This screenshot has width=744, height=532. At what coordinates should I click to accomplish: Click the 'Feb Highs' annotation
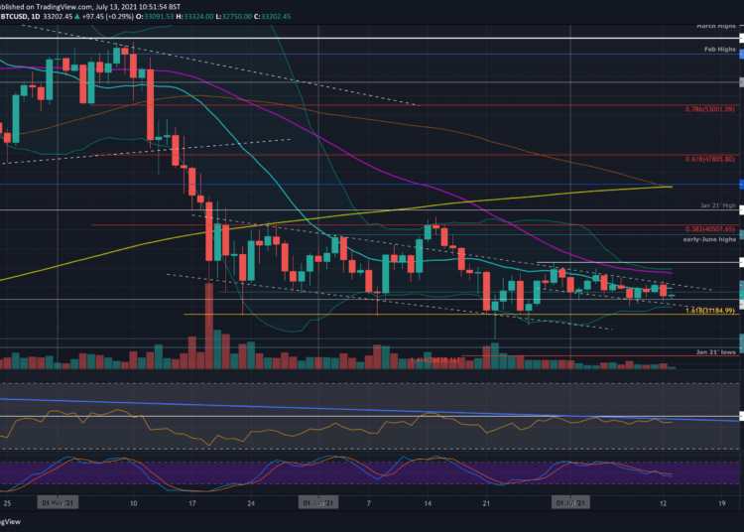pyautogui.click(x=717, y=49)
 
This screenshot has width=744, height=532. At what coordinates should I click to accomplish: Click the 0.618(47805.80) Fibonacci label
pyautogui.click(x=706, y=159)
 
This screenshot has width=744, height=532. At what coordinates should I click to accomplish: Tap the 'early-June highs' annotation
pyautogui.click(x=707, y=239)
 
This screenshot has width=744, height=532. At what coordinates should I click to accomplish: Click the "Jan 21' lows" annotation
pyautogui.click(x=712, y=351)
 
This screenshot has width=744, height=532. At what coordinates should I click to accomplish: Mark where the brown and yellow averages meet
pyautogui.click(x=670, y=186)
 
